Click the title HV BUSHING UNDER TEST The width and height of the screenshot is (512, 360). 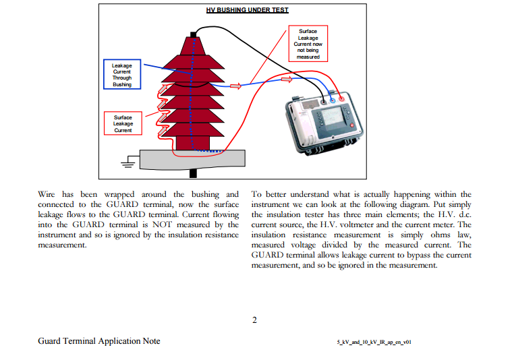click(x=247, y=10)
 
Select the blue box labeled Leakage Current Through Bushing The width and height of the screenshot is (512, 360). click(x=122, y=74)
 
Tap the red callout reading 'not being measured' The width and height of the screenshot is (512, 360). click(x=308, y=43)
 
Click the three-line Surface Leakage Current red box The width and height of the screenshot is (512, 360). click(x=123, y=123)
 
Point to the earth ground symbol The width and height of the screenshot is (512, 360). click(x=127, y=162)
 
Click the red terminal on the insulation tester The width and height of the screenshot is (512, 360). click(x=341, y=98)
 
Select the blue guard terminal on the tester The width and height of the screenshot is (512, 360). click(x=333, y=100)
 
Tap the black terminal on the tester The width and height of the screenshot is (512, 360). click(x=324, y=102)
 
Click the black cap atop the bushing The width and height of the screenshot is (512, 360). click(x=194, y=34)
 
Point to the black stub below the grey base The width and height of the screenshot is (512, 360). click(x=194, y=173)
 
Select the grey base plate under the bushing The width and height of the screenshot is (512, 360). click(x=192, y=159)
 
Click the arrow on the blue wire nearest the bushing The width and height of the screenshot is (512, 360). click(x=235, y=86)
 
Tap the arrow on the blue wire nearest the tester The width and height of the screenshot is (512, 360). click(x=287, y=80)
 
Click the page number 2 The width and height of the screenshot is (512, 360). click(x=255, y=320)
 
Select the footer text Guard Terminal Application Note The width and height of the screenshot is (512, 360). click(x=99, y=341)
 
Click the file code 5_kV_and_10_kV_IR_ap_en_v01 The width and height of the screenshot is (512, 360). click(x=374, y=342)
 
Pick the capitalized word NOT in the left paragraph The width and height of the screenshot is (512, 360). click(x=162, y=224)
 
